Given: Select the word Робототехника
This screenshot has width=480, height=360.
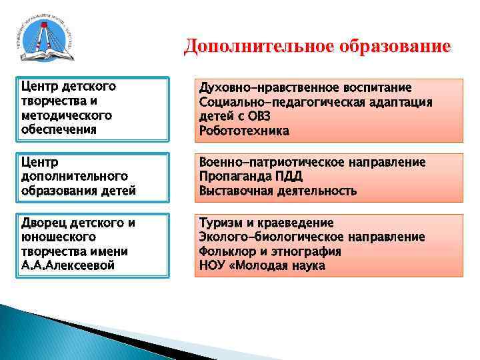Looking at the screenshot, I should click(x=244, y=131).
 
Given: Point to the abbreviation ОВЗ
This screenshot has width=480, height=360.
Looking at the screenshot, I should click(x=263, y=117).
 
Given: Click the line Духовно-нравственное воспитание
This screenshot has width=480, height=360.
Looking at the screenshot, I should click(x=305, y=88).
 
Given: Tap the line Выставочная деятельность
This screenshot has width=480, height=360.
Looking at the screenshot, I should click(x=277, y=191).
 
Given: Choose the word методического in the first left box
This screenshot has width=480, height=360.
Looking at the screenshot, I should click(x=66, y=115).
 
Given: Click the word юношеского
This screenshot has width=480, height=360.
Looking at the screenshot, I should click(x=59, y=237).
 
